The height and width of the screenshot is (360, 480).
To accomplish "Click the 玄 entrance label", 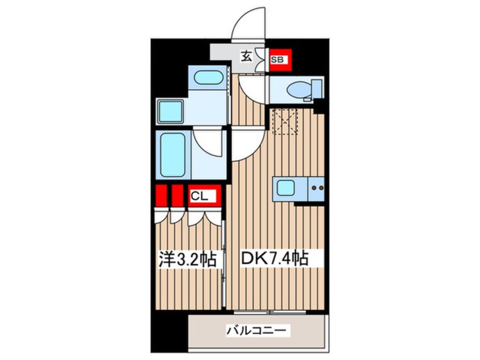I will coord(247,56).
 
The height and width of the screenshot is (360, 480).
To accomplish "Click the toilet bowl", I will coord(297,89).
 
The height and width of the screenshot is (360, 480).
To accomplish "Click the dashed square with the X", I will coord(284,121).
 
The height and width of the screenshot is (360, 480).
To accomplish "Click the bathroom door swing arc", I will coord(207,142).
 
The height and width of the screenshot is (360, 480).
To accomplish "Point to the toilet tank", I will coord(317,89).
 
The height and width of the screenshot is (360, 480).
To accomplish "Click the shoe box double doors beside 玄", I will coord(262,59).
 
